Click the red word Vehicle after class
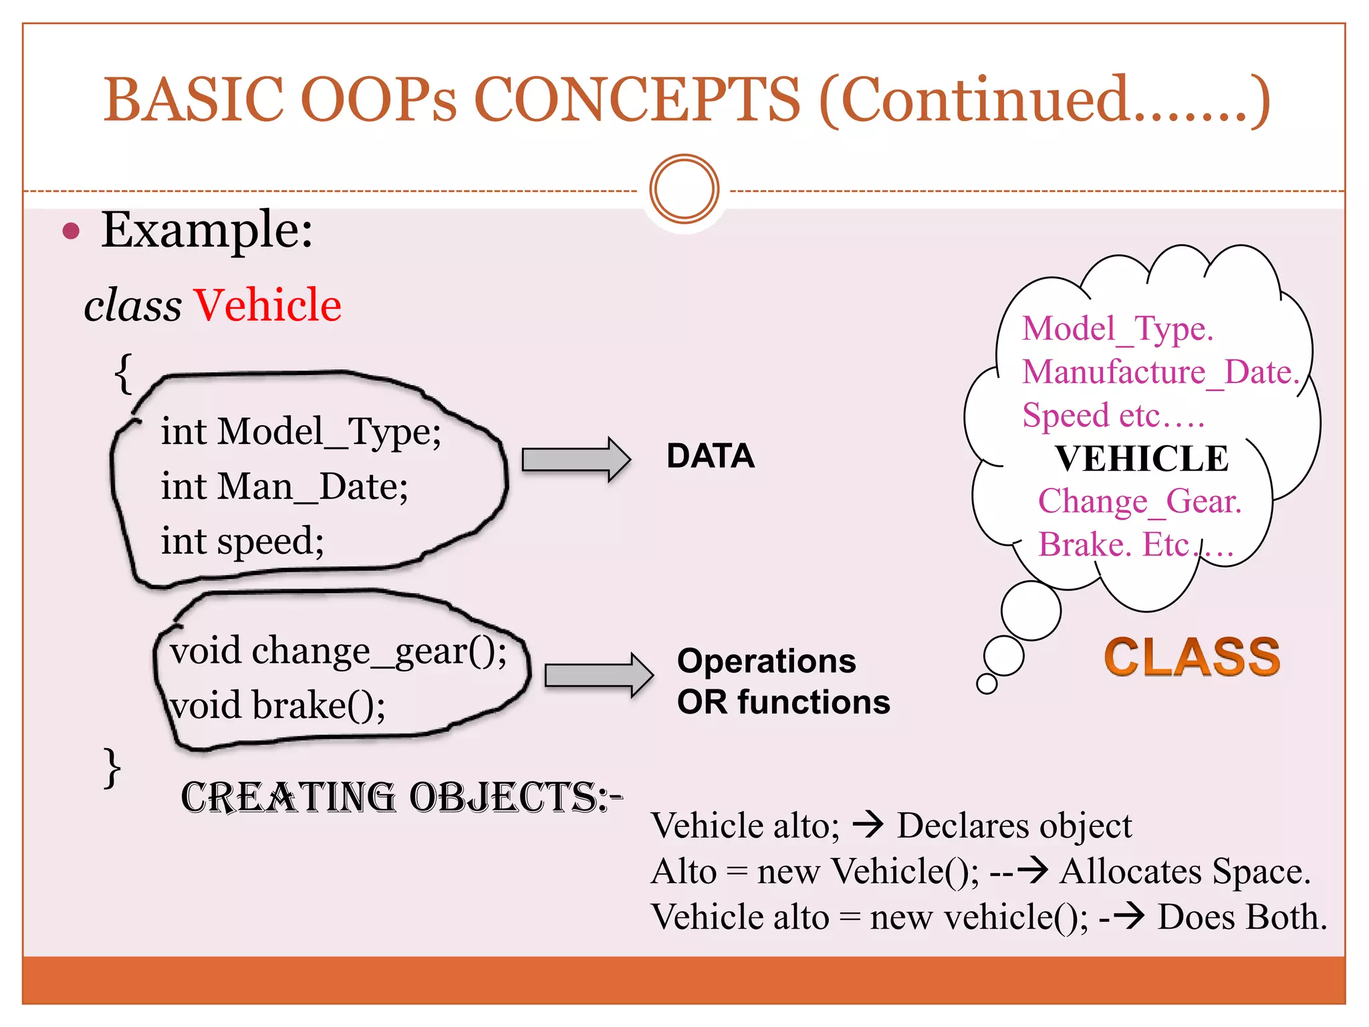pyautogui.click(x=267, y=306)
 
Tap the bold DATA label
pyautogui.click(x=710, y=457)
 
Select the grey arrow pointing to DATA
pyautogui.click(x=576, y=459)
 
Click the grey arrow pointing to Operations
pyautogui.click(x=598, y=675)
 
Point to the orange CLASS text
pyautogui.click(x=1192, y=657)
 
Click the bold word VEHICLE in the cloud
pyautogui.click(x=1142, y=459)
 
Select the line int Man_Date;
pyautogui.click(x=284, y=487)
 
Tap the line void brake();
pyautogui.click(x=277, y=706)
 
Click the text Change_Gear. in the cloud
pyautogui.click(x=1140, y=501)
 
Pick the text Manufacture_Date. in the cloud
pyautogui.click(x=1160, y=372)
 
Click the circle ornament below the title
pyautogui.click(x=684, y=189)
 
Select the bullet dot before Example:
pyautogui.click(x=71, y=231)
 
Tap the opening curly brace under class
pyautogui.click(x=124, y=374)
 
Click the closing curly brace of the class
pyautogui.click(x=112, y=768)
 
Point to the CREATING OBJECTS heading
pyautogui.click(x=401, y=798)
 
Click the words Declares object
pyautogui.click(x=1014, y=826)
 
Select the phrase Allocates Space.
pyautogui.click(x=1185, y=872)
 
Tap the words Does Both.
pyautogui.click(x=1242, y=917)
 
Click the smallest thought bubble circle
pyautogui.click(x=987, y=683)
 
